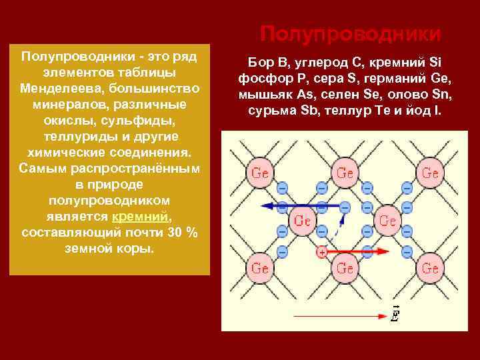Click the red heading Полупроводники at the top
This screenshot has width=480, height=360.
(x=350, y=33)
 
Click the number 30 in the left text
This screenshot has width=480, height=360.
(x=175, y=232)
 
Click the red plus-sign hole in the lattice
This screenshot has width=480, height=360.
(x=322, y=252)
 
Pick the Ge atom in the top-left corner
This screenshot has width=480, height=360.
(x=260, y=173)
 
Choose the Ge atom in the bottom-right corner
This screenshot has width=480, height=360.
(x=431, y=268)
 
